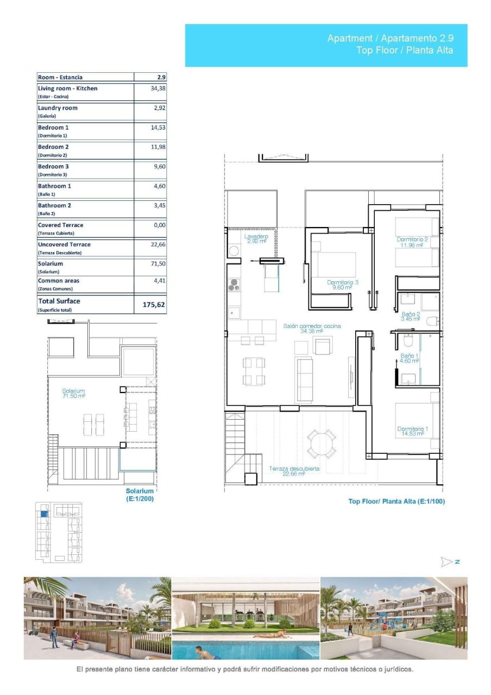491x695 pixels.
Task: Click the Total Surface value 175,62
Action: point(153,305)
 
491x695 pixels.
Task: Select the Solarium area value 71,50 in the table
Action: point(158,263)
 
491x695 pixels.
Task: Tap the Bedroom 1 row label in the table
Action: point(53,127)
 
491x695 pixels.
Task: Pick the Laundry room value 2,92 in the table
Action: point(159,108)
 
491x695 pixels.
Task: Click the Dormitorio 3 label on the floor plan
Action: point(343,285)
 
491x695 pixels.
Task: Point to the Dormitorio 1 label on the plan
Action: point(412,431)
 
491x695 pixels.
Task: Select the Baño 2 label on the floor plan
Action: point(411,316)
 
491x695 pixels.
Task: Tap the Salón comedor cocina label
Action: point(312,328)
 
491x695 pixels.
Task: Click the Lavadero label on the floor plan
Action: point(256,239)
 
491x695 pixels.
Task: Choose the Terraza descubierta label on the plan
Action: point(294,471)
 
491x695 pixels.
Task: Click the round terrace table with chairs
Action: point(322,444)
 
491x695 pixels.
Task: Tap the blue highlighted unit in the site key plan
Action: point(44,513)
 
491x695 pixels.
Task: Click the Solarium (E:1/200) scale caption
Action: point(140,495)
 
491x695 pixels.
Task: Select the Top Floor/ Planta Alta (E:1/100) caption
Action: point(396,501)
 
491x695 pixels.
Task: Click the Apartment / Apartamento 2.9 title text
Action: point(389,38)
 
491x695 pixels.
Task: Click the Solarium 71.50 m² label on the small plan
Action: point(73,393)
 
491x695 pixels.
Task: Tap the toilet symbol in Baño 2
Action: point(433,321)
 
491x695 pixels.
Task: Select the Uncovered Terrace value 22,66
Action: point(158,244)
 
